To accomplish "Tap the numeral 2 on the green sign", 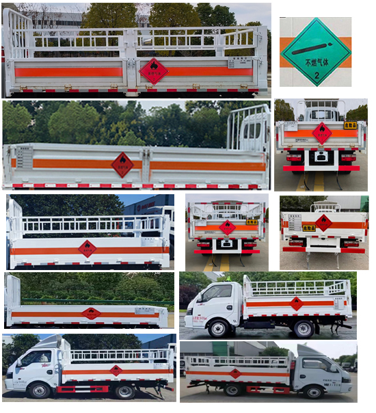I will coord(315,76).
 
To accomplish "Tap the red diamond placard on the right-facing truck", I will coord(234,373).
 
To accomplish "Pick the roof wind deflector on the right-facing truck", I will coord(308,349).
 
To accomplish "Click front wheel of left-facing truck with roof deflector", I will coord(39,390).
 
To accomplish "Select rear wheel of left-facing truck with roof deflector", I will coord(124,391).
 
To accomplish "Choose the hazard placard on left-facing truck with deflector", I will coord(116,370).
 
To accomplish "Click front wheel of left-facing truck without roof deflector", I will coord(218,329).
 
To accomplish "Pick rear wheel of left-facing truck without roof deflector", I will coord(303,329).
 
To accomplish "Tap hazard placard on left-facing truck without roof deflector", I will coord(295,304).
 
